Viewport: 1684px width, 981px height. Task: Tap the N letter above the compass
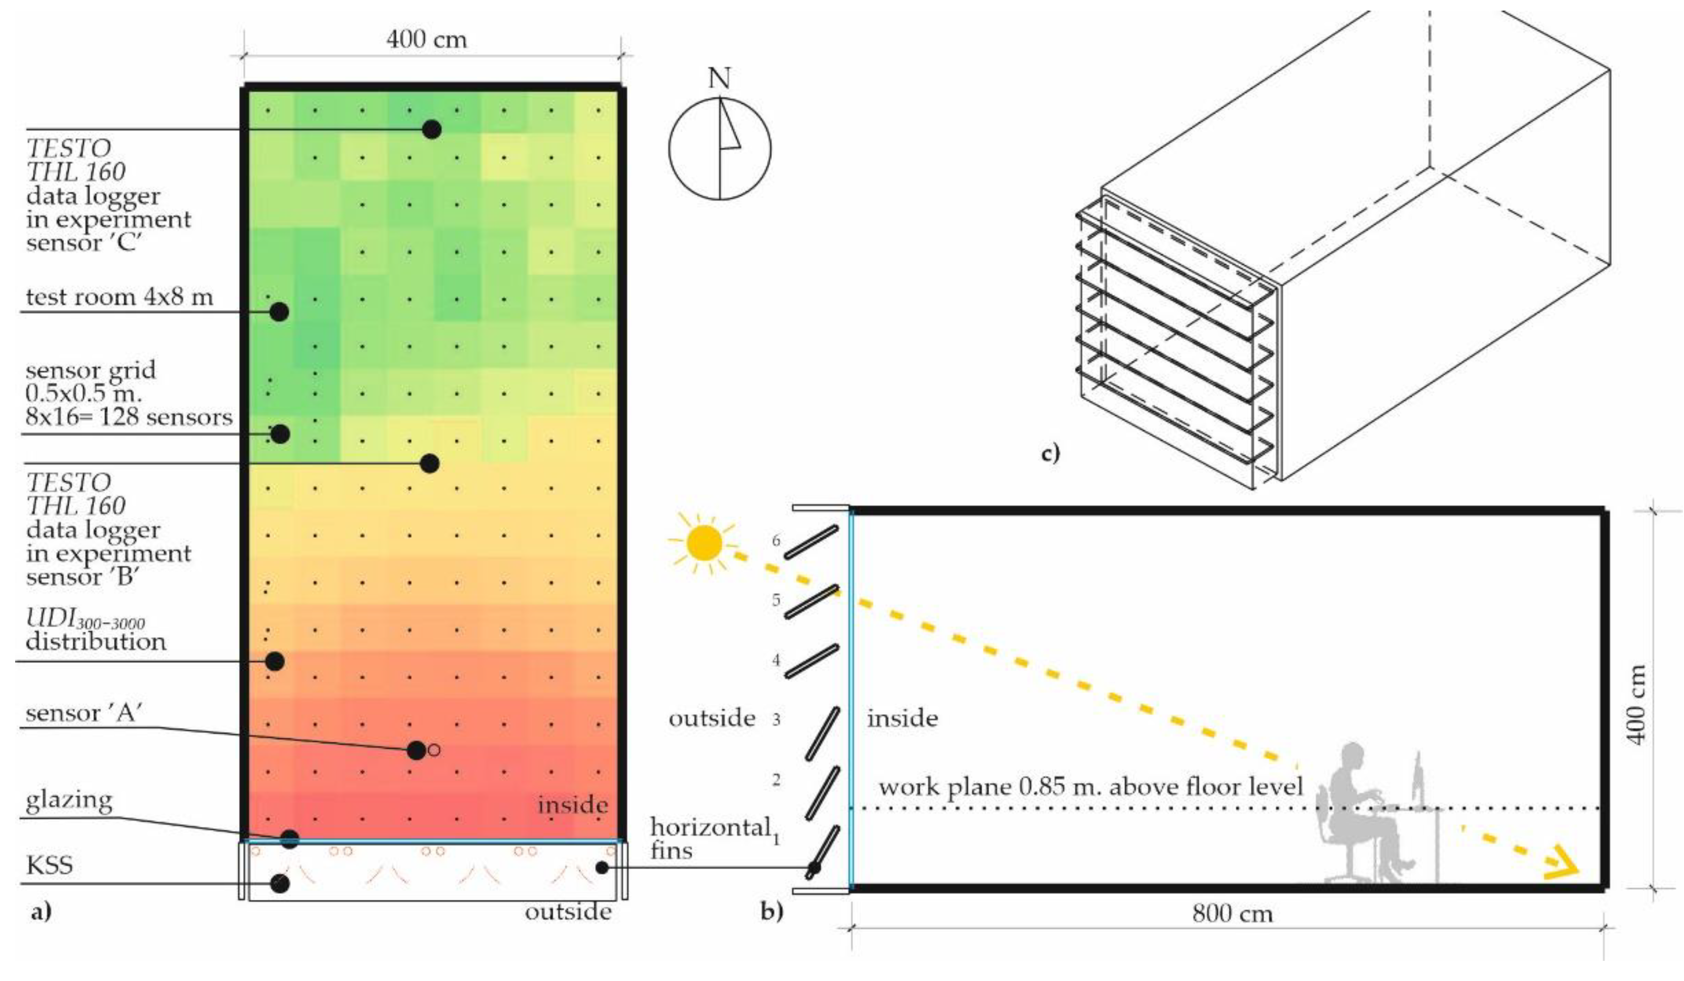click(719, 79)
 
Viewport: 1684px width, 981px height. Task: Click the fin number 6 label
click(776, 540)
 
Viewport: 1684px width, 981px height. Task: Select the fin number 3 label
click(776, 720)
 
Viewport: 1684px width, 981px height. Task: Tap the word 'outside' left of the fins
click(712, 718)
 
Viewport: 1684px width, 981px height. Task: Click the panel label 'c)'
click(1050, 454)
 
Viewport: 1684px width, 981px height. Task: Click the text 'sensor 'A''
click(82, 713)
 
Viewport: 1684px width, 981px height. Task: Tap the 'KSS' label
click(49, 866)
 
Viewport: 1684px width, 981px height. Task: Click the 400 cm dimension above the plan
click(427, 39)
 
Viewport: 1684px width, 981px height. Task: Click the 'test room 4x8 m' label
click(119, 297)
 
